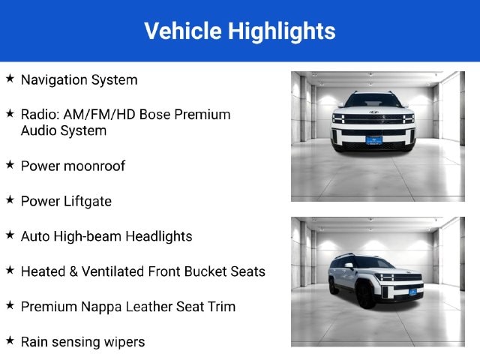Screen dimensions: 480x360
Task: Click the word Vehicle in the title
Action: [x=183, y=31]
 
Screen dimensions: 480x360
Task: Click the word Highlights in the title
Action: [x=282, y=32]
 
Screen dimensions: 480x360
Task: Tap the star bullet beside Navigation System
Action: [x=10, y=78]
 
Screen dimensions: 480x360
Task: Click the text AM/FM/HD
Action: [x=99, y=115]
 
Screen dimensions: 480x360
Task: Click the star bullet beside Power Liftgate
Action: [x=10, y=200]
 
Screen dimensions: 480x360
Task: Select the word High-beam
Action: [x=88, y=237]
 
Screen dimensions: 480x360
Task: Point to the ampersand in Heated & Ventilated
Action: [x=73, y=271]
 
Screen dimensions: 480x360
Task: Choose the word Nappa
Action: [x=101, y=307]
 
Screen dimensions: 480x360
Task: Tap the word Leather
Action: [x=149, y=307]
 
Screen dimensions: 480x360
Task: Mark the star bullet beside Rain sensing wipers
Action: [x=10, y=340]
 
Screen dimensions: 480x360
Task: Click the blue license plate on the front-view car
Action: [x=373, y=140]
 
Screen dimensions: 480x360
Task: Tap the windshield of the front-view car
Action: [x=373, y=100]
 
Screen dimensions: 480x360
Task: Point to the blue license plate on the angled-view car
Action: [x=412, y=292]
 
